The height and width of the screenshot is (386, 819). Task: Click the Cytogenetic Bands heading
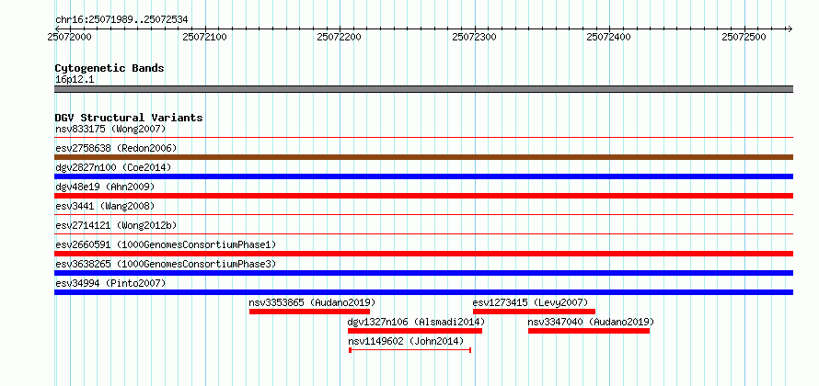tap(110, 68)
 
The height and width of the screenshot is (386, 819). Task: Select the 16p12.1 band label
tap(75, 79)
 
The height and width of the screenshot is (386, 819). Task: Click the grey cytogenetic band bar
tap(423, 89)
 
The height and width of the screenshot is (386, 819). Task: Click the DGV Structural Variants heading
tap(129, 118)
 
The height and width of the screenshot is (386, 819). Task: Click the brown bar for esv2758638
tap(423, 157)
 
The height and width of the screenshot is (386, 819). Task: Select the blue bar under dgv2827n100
tap(423, 176)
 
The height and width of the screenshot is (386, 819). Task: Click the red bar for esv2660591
tap(423, 254)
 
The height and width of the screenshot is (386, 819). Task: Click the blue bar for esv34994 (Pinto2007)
tap(423, 292)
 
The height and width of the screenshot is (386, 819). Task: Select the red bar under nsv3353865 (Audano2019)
tap(309, 312)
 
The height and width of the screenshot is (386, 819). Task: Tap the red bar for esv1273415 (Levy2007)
tap(534, 312)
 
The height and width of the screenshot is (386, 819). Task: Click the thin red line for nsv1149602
tap(410, 350)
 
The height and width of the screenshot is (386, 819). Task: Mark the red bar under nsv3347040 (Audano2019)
tap(589, 331)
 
